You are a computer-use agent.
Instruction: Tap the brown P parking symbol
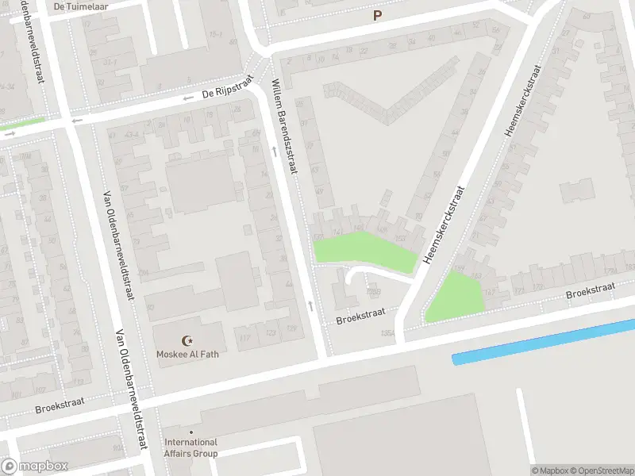pos(377,15)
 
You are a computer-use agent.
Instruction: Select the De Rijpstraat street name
pos(227,87)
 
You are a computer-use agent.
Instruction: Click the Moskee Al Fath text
pos(187,354)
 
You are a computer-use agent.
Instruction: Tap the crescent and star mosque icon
pos(188,340)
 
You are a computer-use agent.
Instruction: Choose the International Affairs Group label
pos(190,447)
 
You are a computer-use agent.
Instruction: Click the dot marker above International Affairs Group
pos(190,432)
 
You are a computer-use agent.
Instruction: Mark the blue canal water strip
pos(544,341)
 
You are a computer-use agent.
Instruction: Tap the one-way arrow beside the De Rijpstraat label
pos(188,98)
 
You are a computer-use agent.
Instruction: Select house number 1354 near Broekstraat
pos(388,332)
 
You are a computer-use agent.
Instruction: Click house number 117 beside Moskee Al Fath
pos(244,340)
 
